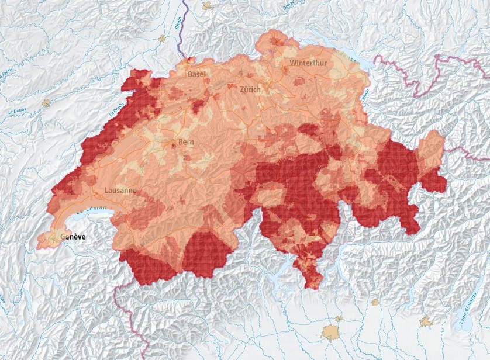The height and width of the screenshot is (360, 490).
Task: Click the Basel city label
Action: [x=196, y=74]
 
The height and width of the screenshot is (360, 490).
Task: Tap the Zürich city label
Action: [x=250, y=89]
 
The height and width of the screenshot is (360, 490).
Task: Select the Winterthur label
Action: [x=306, y=63]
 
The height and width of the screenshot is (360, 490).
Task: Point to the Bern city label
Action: [x=187, y=142]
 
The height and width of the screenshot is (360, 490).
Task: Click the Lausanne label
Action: [x=120, y=191]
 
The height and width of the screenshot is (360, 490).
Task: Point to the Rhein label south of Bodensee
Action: [x=364, y=94]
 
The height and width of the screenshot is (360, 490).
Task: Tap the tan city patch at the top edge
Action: [x=206, y=6]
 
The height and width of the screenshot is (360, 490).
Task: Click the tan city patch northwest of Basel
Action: [x=162, y=39]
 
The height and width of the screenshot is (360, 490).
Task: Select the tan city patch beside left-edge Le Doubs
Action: [x=46, y=103]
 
